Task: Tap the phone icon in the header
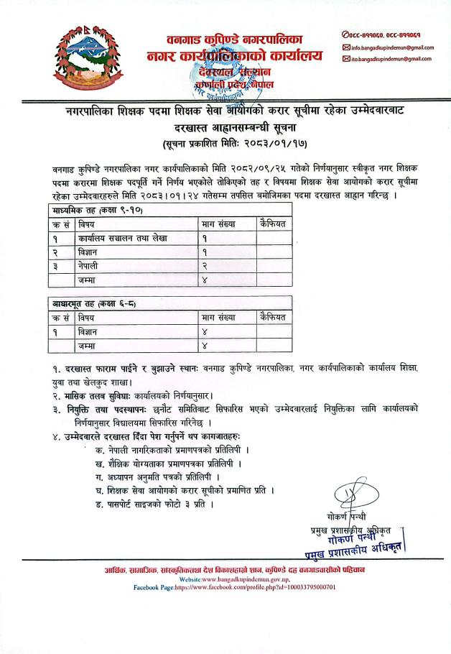(345, 34)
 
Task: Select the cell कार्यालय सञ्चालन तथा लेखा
(123, 238)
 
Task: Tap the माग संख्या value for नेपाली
(205, 265)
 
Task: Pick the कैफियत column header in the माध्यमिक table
(274, 224)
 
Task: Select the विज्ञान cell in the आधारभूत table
(90, 332)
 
